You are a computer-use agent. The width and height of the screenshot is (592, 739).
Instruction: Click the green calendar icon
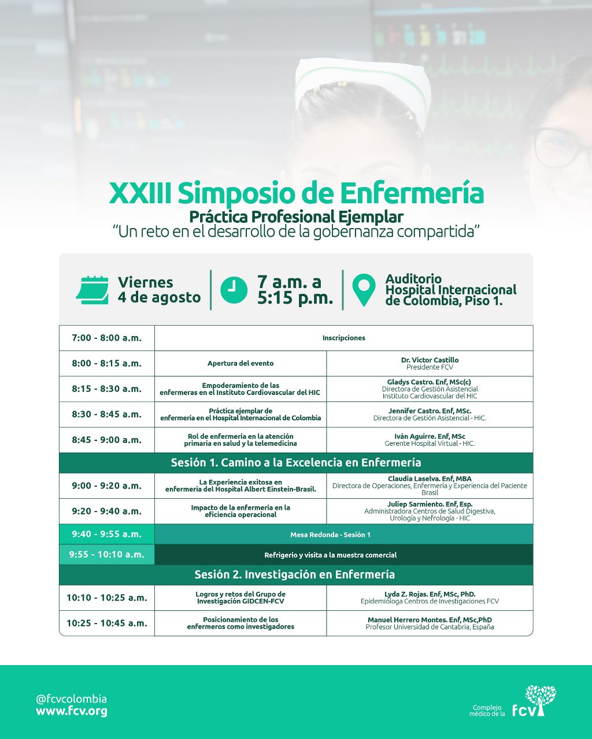92,290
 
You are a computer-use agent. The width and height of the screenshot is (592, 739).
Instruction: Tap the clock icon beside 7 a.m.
234,290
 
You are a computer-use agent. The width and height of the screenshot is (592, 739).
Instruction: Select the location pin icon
364,290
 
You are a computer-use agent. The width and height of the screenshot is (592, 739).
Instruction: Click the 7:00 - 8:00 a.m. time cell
106,338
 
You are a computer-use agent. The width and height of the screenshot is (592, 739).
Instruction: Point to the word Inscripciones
343,338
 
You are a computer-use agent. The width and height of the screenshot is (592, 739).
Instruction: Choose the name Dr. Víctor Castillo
430,360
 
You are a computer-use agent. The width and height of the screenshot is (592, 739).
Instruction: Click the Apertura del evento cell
240,363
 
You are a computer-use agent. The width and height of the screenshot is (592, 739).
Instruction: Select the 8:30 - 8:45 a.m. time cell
106,415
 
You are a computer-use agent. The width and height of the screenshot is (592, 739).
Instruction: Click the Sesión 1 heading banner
296,462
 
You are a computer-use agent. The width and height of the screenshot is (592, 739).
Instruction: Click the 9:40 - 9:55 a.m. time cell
106,535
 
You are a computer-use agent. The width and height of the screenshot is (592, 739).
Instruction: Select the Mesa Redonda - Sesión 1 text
330,535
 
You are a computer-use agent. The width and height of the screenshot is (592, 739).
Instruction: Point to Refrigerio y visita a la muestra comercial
330,555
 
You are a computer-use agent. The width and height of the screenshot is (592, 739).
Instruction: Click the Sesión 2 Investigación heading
294,574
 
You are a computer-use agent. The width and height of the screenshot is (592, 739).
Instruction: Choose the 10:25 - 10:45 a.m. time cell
106,624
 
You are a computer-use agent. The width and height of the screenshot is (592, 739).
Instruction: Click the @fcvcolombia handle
71,699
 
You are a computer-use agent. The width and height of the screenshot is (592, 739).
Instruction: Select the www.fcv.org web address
71,711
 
